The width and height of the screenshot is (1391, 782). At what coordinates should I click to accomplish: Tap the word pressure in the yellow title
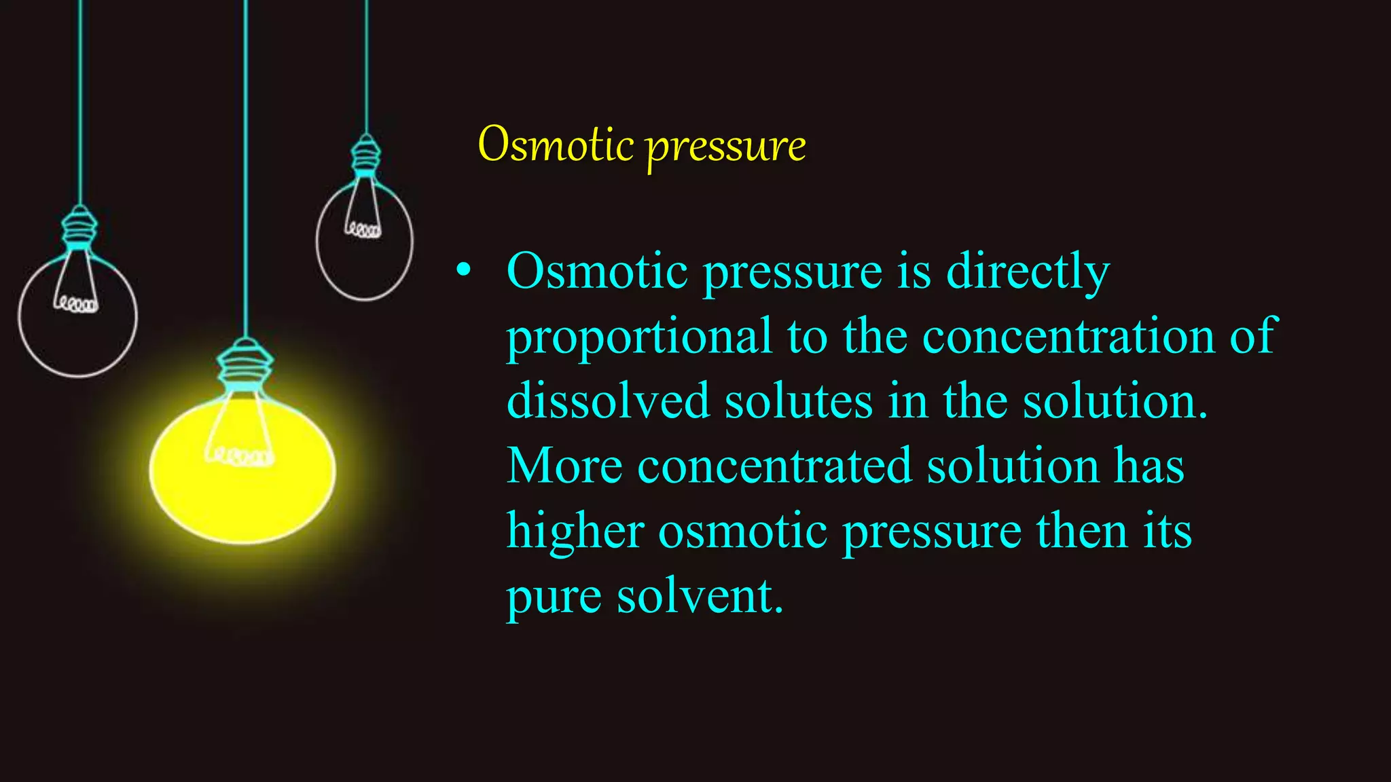[x=725, y=147]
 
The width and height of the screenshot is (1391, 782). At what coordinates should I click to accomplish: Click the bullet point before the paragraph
[x=463, y=270]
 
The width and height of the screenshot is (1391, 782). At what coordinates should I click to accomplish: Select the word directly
[x=1028, y=272]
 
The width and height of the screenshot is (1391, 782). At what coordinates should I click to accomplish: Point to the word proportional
[x=639, y=337]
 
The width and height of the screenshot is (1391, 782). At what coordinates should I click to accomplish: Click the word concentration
[x=1068, y=336]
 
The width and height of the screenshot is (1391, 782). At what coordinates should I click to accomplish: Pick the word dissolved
[x=608, y=401]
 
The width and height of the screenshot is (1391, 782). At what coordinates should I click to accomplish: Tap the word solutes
[x=798, y=401]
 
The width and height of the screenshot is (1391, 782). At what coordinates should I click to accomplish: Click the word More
[x=564, y=466]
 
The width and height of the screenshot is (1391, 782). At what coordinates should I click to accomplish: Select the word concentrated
[x=774, y=466]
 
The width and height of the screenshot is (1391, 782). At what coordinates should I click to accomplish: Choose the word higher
[x=575, y=531]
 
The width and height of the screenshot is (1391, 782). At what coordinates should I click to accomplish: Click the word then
[x=1082, y=531]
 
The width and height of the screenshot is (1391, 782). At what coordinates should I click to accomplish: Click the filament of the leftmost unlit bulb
[x=76, y=303]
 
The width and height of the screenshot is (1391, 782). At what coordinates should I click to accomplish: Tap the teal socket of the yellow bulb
[x=245, y=367]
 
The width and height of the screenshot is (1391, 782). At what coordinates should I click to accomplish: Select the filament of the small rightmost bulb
[x=363, y=230]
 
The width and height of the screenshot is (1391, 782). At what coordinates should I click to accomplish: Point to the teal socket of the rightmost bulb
[x=365, y=155]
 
